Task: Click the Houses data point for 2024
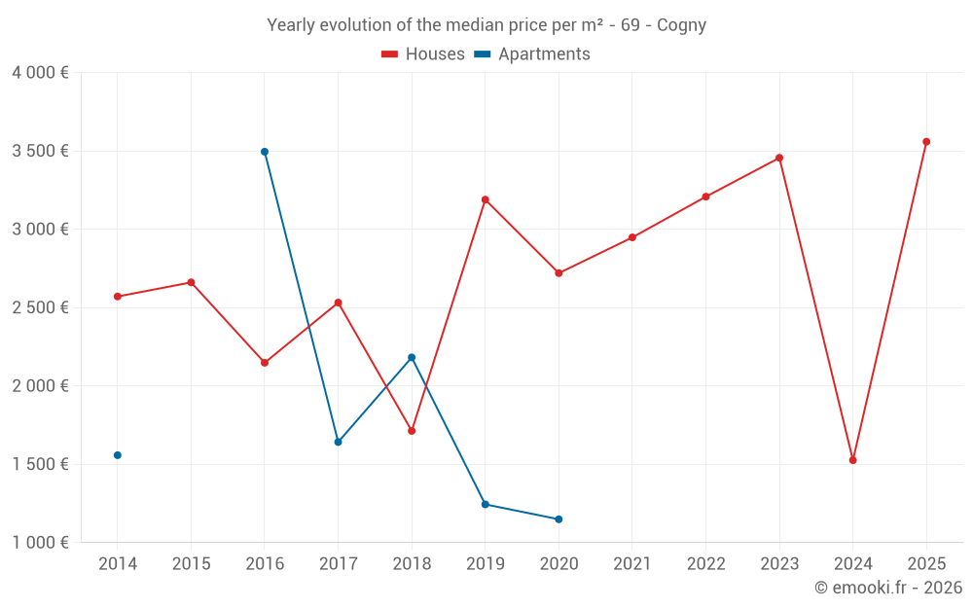(x=852, y=460)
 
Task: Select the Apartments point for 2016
(x=265, y=152)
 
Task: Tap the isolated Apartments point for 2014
(x=118, y=455)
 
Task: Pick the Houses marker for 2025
(x=926, y=142)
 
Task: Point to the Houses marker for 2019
(x=486, y=199)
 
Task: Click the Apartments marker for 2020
(x=559, y=519)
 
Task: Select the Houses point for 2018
(x=412, y=431)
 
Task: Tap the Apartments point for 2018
(x=412, y=357)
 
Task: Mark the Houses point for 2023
(x=779, y=158)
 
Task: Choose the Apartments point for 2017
(x=339, y=442)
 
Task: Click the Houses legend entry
(x=423, y=54)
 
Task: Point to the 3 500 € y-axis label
(x=41, y=151)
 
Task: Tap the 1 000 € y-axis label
(x=41, y=542)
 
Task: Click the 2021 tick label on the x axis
(x=632, y=564)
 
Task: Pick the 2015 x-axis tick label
(x=191, y=564)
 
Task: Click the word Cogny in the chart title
(x=681, y=25)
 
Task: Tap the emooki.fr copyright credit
(x=888, y=588)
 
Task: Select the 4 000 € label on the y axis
(x=41, y=73)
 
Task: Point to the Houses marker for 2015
(x=191, y=282)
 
